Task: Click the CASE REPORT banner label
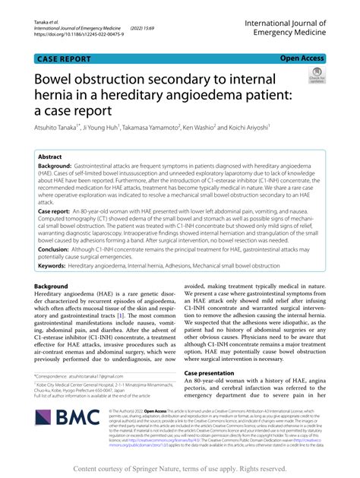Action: point(68,58)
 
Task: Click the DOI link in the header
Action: point(77,33)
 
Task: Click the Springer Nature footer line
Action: point(180,469)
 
